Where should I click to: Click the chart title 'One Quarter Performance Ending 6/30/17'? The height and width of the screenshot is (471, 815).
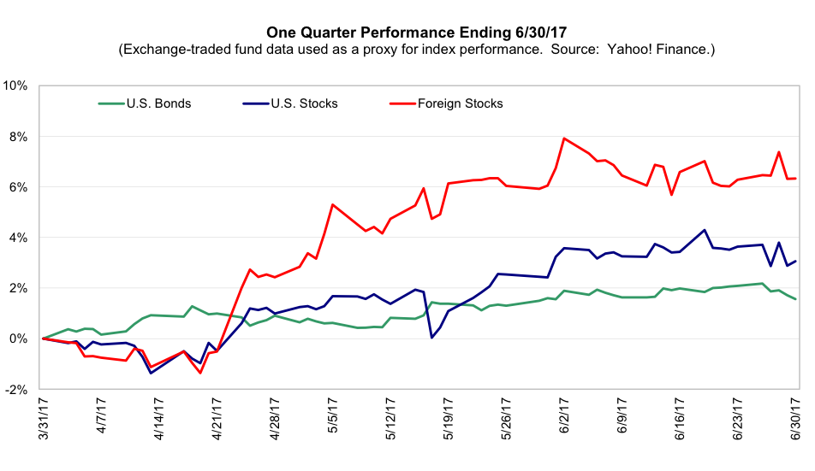pyautogui.click(x=407, y=32)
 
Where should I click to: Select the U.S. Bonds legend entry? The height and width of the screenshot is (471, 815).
pyautogui.click(x=158, y=103)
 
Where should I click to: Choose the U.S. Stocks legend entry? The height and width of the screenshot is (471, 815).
pyautogui.click(x=303, y=103)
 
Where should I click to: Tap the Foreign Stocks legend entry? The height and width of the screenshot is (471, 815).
pyautogui.click(x=460, y=103)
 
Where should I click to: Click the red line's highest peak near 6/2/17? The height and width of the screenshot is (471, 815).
pyautogui.click(x=564, y=138)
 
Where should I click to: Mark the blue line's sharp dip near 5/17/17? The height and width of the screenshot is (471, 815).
pyautogui.click(x=431, y=338)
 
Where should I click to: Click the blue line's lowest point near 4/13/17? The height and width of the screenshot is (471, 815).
pyautogui.click(x=152, y=373)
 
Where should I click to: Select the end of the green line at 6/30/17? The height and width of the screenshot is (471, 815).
pyautogui.click(x=796, y=299)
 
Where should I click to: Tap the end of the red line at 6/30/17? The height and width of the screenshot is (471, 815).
pyautogui.click(x=796, y=179)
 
